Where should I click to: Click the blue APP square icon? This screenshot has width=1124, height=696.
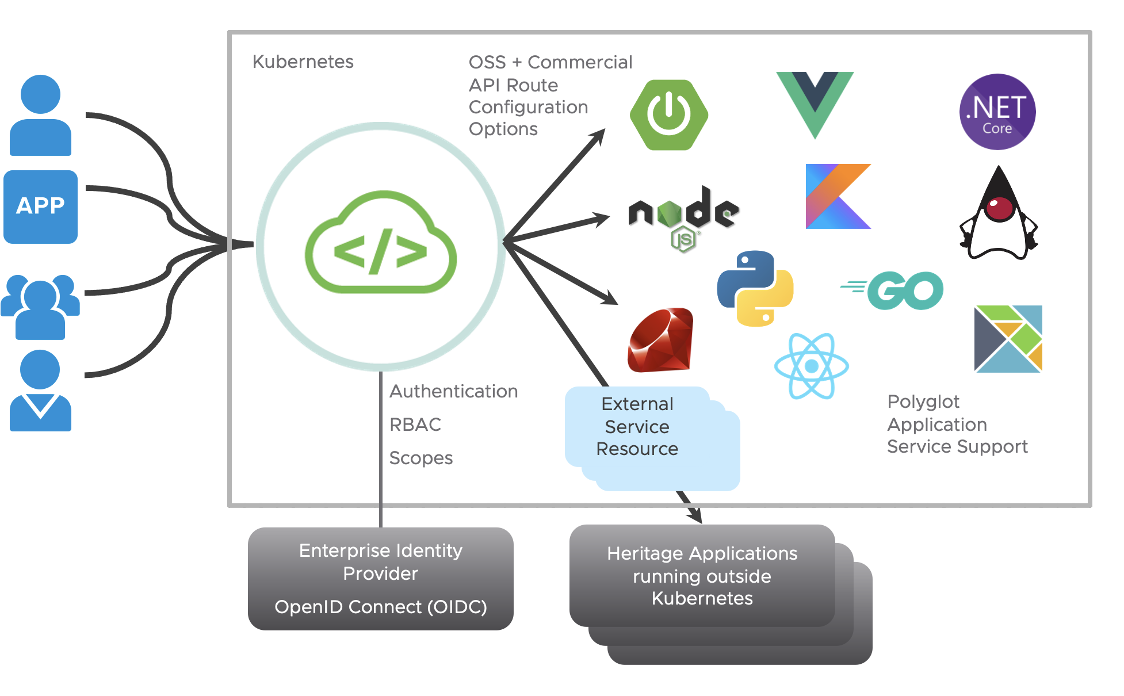[40, 206]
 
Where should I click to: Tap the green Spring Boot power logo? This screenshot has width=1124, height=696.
[668, 115]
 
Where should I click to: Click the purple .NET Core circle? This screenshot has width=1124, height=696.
[997, 112]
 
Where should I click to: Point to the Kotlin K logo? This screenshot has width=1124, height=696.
[838, 196]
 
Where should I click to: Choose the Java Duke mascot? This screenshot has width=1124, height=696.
[999, 216]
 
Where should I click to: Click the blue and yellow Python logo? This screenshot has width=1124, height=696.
[755, 288]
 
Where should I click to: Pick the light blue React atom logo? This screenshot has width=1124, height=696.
[811, 366]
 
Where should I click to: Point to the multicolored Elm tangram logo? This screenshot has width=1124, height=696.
[1008, 339]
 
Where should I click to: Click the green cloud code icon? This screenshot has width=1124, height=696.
[381, 244]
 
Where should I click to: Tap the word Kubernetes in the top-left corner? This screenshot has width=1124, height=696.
[303, 62]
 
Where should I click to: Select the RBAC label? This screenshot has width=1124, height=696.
[415, 425]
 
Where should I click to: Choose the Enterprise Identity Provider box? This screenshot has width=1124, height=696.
[380, 578]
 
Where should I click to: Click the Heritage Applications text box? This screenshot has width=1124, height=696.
[702, 576]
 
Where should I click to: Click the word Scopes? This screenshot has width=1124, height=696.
[420, 458]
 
